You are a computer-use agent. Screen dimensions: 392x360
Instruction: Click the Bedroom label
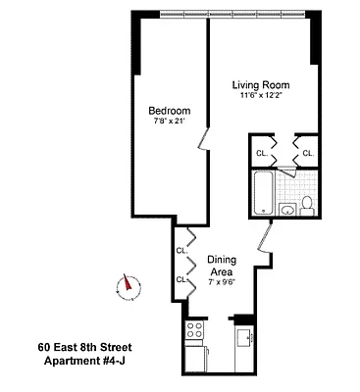[169, 110]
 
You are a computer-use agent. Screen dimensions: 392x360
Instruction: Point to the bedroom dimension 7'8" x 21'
[169, 122]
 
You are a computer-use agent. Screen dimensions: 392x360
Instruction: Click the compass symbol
[127, 285]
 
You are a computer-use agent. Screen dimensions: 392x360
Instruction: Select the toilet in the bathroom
[306, 205]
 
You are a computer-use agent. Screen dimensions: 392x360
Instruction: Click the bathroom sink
[288, 210]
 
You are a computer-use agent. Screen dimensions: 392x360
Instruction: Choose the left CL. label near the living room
[262, 154]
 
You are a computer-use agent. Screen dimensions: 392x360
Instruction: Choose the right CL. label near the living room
[307, 154]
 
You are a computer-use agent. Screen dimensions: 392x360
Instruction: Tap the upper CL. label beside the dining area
[181, 251]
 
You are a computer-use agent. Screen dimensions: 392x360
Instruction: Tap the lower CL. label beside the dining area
[181, 279]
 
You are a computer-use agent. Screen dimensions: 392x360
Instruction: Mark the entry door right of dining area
[264, 241]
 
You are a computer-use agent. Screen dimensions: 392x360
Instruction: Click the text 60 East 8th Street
[84, 347]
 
